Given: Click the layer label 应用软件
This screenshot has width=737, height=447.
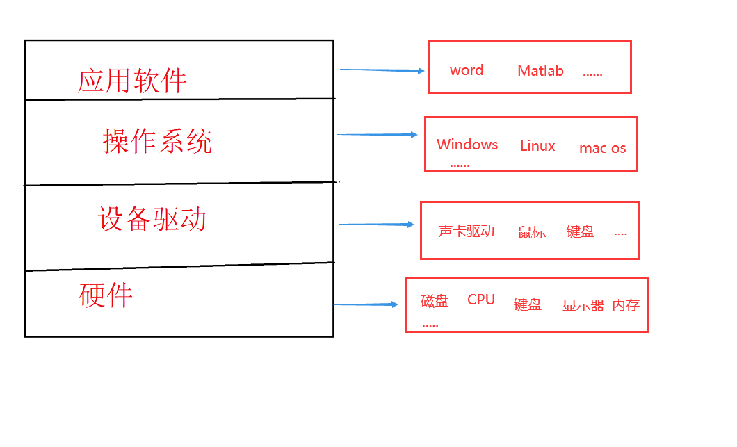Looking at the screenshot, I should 132,81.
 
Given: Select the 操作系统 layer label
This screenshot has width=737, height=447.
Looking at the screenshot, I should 157,141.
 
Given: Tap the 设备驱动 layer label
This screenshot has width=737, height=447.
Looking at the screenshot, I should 152,219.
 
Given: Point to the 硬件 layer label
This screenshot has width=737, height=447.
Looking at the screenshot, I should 106,295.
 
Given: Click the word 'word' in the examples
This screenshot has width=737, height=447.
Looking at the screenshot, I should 467,70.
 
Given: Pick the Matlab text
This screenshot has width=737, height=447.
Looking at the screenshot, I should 540,71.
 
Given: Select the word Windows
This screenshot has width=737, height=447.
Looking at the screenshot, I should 467,145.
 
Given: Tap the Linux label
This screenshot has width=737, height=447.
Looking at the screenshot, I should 537,146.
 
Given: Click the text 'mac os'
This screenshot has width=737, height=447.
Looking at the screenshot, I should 602,148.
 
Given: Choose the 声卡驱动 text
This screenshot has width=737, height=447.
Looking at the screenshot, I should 467,231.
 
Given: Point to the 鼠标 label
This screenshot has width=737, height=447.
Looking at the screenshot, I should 532,233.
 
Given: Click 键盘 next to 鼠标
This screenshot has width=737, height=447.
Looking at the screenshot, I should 581,232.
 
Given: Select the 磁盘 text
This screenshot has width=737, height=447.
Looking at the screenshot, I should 435,301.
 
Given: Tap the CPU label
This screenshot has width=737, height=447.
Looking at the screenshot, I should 481,300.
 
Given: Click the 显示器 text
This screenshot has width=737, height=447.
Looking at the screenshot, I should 583,305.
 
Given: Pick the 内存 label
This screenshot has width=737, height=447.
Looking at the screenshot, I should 626,305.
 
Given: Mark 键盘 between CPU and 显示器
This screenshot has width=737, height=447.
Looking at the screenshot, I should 528,304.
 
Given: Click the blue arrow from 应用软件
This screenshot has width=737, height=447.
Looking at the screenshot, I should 382,70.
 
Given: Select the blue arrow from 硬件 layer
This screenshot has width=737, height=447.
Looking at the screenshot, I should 366,304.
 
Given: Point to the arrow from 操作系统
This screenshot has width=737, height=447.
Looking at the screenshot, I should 378,135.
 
